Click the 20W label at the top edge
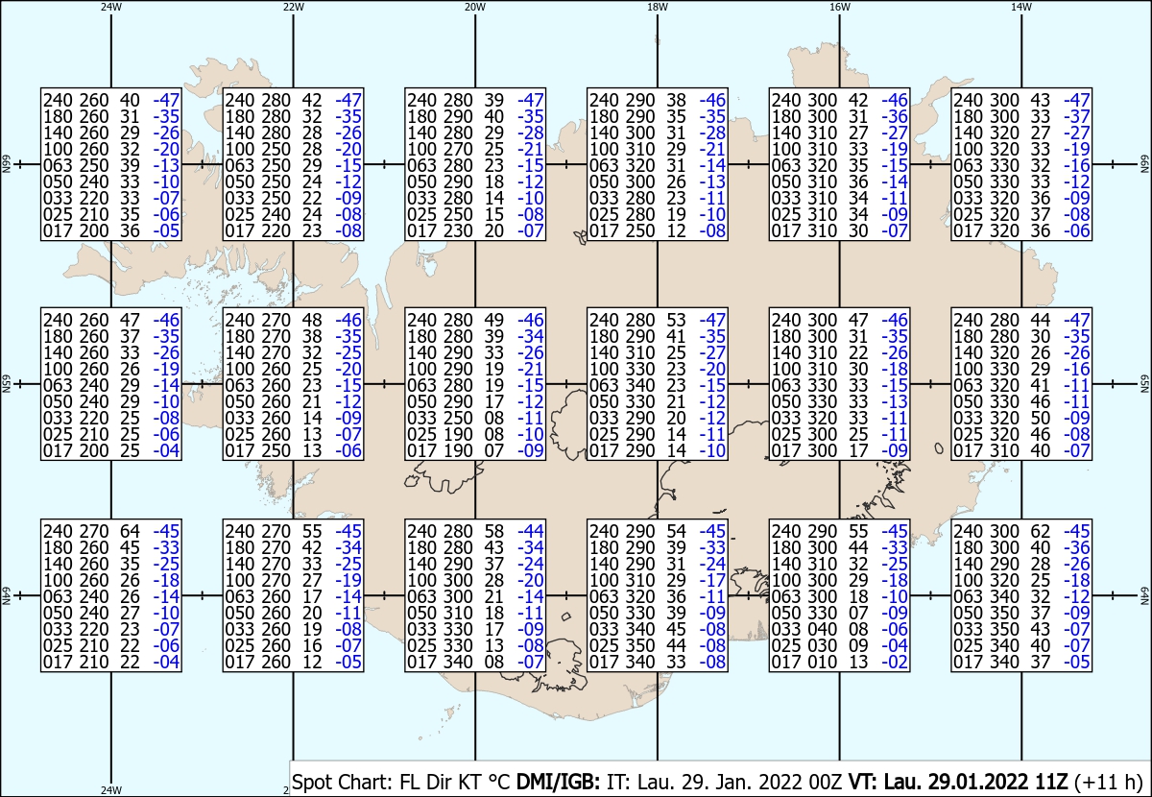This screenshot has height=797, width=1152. [475, 8]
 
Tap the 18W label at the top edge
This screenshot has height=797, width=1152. [658, 8]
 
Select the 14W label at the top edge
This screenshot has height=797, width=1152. [1021, 8]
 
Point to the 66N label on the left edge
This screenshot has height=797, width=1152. [6, 164]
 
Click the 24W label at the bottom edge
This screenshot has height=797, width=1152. [111, 790]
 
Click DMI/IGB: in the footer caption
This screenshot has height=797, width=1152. [558, 782]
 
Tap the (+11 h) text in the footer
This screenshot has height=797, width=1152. [1108, 782]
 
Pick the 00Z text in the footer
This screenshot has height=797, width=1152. [825, 782]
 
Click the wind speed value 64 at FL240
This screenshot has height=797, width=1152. [130, 531]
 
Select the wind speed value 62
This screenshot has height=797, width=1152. [1040, 531]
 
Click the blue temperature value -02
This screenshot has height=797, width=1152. [895, 662]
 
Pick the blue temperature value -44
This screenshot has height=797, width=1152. [530, 531]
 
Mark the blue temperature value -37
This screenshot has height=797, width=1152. [1076, 116]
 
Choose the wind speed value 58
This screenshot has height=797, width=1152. [493, 531]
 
